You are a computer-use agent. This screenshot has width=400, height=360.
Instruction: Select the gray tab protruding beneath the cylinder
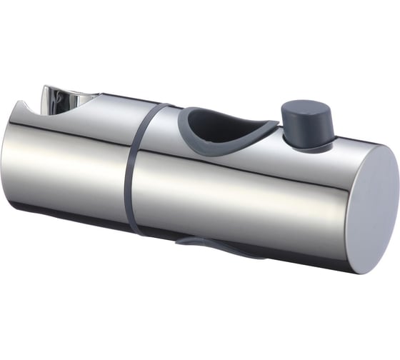coord(214,246)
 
